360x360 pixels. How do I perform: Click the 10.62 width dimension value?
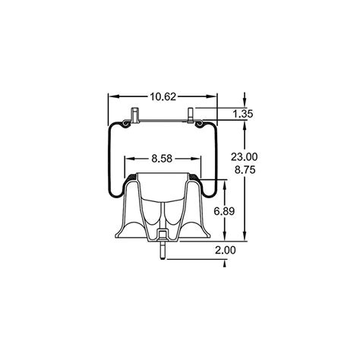tap(163, 96)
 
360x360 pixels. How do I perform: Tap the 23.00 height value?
tap(243, 156)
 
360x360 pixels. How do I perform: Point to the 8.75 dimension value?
tap(243, 171)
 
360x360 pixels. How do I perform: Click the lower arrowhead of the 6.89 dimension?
tap(225, 235)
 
